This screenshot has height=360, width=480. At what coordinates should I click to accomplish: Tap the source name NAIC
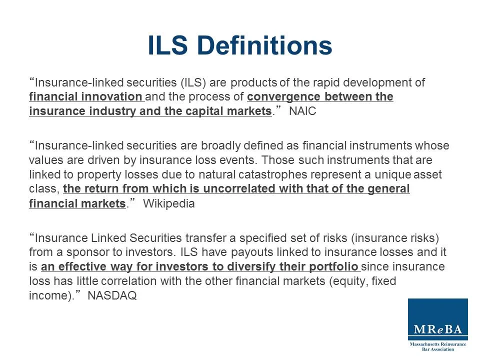(302, 111)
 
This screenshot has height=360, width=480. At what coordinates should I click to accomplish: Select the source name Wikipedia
(169, 204)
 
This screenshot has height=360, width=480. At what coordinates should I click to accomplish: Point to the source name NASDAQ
(112, 295)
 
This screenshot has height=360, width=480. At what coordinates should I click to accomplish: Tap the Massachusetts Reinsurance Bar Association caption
(437, 346)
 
